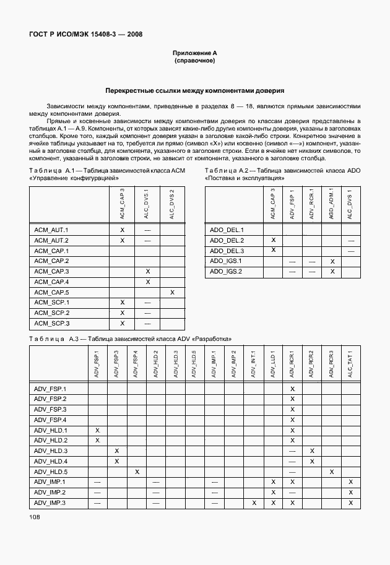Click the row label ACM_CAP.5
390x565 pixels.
tap(51, 292)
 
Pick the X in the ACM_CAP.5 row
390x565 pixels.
tap(172, 292)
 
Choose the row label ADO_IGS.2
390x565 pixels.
tap(226, 271)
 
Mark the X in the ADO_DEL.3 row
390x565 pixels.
tap(273, 250)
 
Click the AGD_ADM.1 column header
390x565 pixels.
tap(332, 204)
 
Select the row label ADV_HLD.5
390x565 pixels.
tap(50, 472)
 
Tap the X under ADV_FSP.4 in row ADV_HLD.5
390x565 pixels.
tap(136, 472)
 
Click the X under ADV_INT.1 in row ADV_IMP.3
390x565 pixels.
tap(254, 502)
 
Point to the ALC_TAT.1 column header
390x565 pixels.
tap(350, 366)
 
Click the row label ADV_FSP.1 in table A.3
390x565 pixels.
tap(50, 389)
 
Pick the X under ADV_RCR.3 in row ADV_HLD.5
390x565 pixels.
tap(331, 472)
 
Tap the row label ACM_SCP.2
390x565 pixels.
tap(51, 313)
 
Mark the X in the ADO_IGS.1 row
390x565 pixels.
tap(332, 261)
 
